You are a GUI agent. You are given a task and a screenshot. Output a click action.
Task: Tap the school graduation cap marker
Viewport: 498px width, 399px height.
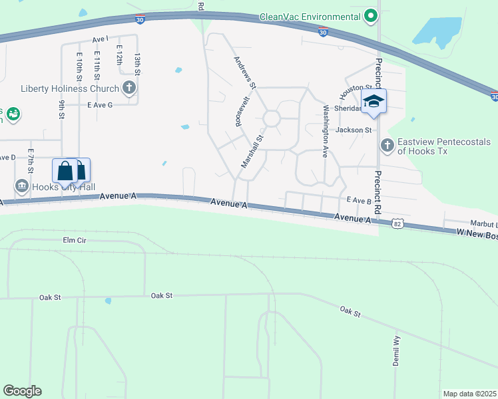point(373,102)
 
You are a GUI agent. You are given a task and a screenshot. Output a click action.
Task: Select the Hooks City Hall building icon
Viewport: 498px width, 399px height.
point(22,184)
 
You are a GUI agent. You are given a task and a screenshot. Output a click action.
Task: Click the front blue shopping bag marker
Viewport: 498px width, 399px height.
point(65,171)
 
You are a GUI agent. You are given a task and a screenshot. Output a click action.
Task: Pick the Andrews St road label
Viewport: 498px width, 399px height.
point(245,72)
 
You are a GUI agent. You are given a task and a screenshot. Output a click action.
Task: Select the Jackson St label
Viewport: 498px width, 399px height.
point(353,130)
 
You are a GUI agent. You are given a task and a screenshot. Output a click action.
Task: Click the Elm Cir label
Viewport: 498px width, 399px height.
point(75,239)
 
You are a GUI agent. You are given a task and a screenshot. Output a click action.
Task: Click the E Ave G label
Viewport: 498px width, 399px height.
point(100,105)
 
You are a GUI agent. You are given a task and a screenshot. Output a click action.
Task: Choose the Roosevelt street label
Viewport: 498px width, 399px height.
point(242,110)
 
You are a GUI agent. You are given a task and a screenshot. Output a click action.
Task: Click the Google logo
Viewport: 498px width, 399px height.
point(22,391)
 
